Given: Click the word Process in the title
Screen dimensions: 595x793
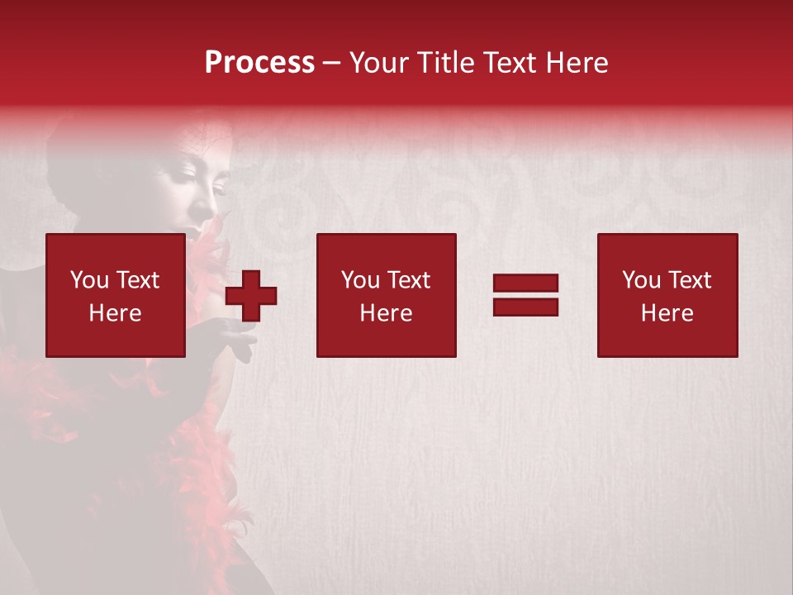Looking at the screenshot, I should click(x=259, y=63).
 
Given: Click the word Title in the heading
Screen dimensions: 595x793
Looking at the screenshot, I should click(x=444, y=63).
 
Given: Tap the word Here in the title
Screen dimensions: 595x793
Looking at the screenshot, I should click(x=575, y=63).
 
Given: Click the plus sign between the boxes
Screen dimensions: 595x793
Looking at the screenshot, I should click(x=251, y=295).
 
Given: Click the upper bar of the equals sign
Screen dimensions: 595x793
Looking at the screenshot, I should click(x=525, y=283).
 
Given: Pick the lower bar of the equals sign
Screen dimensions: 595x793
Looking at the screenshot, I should click(x=525, y=307).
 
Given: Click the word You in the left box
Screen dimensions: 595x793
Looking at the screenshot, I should click(x=89, y=280).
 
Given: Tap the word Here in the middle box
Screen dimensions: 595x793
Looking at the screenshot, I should click(x=386, y=313).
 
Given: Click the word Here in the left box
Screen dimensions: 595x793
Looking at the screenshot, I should click(x=115, y=313).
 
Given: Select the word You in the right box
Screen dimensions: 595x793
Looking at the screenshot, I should click(x=641, y=280).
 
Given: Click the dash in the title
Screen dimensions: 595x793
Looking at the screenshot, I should click(x=332, y=63).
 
